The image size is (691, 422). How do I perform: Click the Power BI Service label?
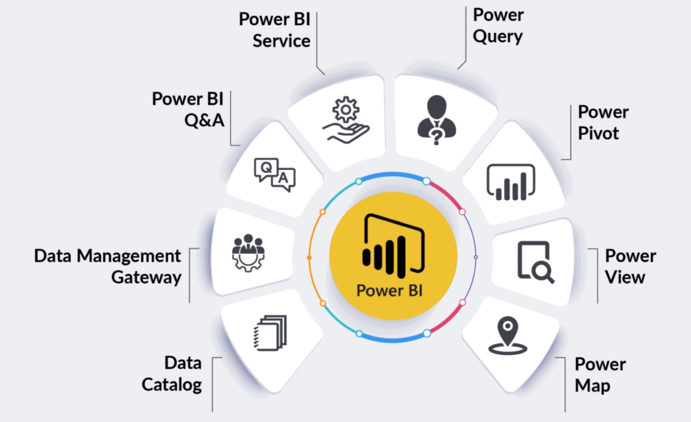tap(274, 30)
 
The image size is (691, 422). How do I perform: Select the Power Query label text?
tap(498, 26)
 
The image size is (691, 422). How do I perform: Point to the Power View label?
tap(630, 267)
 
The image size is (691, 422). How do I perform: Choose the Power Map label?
tap(600, 375)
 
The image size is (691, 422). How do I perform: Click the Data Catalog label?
tap(172, 374)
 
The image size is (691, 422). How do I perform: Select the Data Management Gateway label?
tap(107, 267)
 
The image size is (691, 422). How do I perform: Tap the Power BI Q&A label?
tap(188, 110)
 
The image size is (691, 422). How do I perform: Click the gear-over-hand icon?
tap(346, 120)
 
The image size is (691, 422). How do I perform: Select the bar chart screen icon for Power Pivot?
tap(511, 182)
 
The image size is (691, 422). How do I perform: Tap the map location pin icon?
tap(508, 335)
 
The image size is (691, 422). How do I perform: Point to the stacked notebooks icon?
tap(270, 333)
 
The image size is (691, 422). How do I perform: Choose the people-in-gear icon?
tap(248, 253)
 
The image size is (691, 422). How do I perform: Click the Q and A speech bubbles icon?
tap(274, 174)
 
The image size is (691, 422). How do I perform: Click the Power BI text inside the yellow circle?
tap(389, 291)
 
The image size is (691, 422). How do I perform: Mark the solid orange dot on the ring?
tap(309, 258)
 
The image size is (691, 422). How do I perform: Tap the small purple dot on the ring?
tap(476, 257)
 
